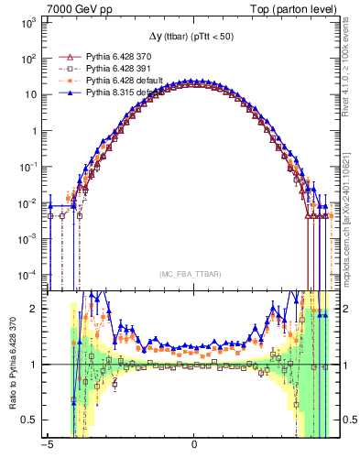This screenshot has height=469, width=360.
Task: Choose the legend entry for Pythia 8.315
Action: click(127, 93)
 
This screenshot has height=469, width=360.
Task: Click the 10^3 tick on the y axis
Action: click(28, 21)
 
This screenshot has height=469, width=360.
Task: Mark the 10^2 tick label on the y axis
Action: click(28, 58)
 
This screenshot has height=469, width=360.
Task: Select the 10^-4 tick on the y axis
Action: click(28, 273)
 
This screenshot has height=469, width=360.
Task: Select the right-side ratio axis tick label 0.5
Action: click(348, 420)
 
